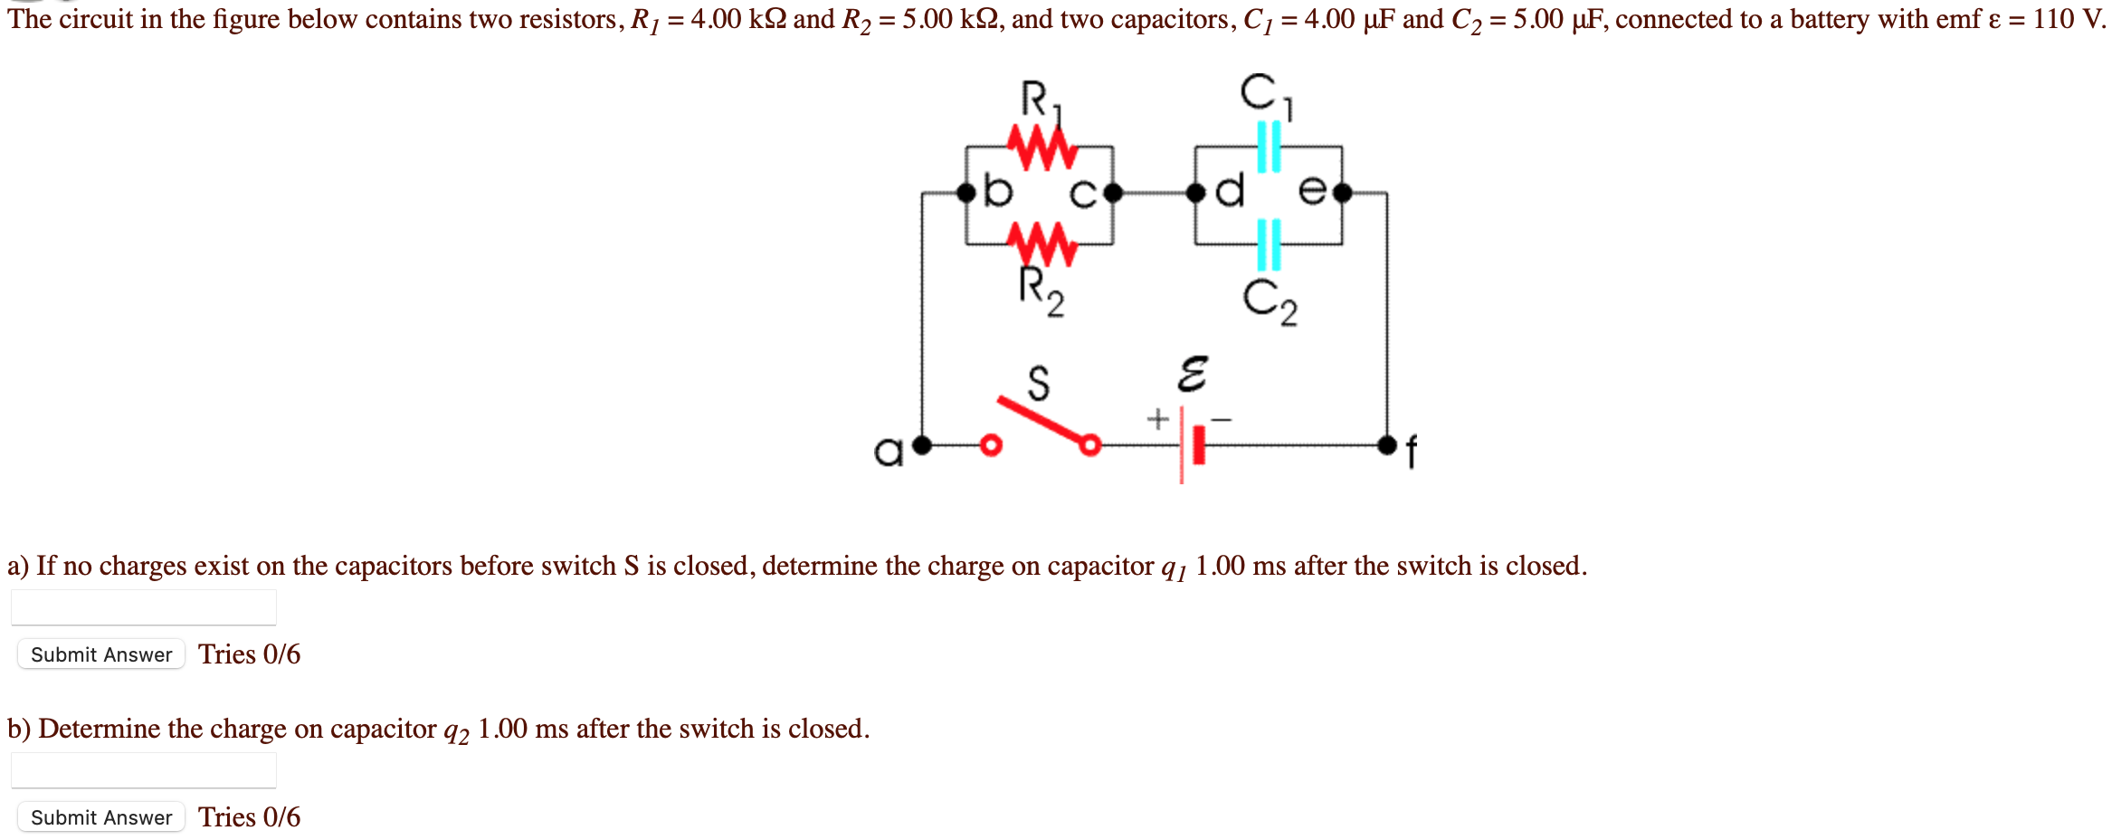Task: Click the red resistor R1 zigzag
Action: (1042, 147)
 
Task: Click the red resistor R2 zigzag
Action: (1042, 243)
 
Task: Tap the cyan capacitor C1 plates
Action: (1270, 147)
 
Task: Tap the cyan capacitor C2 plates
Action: (1270, 244)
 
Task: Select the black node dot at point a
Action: (922, 445)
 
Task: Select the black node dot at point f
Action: (1387, 445)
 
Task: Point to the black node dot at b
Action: (966, 193)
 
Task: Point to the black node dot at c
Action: (1113, 193)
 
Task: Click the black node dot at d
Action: (1196, 193)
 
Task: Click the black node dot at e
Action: (1342, 193)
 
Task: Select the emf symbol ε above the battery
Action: (1192, 373)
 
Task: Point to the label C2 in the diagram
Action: (1270, 301)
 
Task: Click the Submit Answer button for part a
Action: (101, 654)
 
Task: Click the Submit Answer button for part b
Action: (101, 817)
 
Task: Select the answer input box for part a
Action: (144, 607)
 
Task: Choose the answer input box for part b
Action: (144, 770)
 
